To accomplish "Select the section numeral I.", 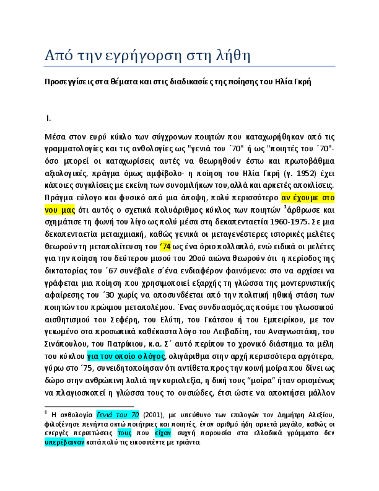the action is click(x=48, y=118).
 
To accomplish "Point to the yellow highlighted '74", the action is click(x=165, y=247).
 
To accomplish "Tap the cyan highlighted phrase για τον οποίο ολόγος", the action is click(x=126, y=356).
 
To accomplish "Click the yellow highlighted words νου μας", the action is click(x=59, y=210).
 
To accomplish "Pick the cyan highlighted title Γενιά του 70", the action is click(x=118, y=415).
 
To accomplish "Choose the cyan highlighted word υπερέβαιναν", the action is click(x=64, y=443).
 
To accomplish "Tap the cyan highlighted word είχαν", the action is click(x=163, y=433).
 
